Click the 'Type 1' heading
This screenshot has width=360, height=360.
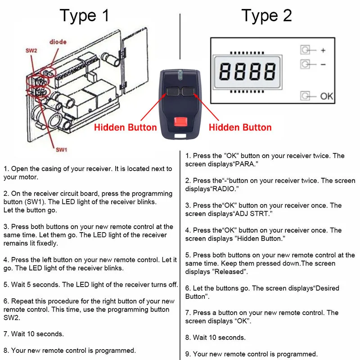pos(84,16)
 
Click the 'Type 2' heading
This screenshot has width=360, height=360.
pos(266,16)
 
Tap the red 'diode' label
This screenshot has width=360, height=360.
pos(58,42)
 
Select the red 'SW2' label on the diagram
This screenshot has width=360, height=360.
pos(31,50)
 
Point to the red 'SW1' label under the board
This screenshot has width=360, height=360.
pos(62,150)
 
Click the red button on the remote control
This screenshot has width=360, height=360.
pos(181,121)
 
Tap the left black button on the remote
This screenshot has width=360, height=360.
pos(173,92)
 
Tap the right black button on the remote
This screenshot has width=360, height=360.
pos(188,92)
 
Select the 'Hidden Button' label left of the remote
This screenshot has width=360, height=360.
pos(126,127)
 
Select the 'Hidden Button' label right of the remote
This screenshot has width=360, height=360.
pos(240,127)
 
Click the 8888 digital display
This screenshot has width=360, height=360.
pos(247,72)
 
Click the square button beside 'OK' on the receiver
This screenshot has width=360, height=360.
pos(305,96)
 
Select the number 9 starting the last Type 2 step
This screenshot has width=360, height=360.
pos(187,354)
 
